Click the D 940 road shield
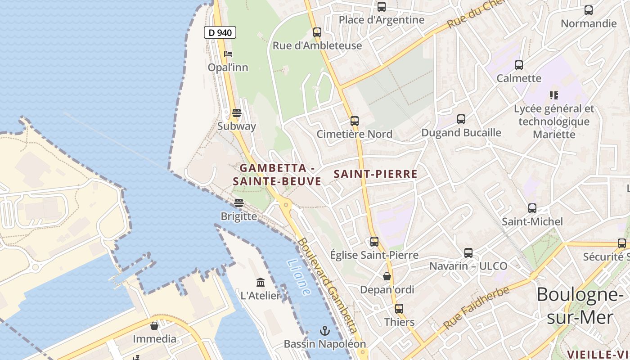220,32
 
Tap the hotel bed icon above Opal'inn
228,54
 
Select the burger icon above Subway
237,112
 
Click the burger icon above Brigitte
238,203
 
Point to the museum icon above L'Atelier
261,282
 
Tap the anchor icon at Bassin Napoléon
324,331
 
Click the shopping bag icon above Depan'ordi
387,276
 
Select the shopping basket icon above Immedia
154,325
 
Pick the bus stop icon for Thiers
399,309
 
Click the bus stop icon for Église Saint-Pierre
374,242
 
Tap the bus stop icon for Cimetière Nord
355,121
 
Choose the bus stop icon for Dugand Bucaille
461,119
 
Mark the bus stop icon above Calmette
519,65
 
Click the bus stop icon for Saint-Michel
532,208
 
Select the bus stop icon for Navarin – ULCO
468,252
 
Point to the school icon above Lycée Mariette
554,95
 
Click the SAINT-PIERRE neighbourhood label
376,174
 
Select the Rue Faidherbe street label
476,307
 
